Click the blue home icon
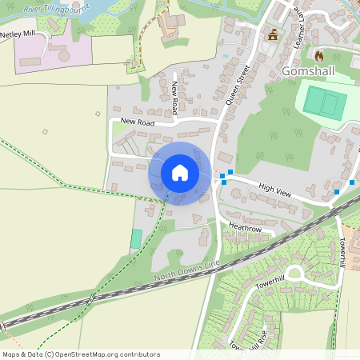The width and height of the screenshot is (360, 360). [180, 173]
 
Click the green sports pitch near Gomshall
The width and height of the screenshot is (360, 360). [322, 102]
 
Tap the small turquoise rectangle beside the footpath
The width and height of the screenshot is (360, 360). [136, 238]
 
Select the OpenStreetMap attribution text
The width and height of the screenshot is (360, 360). [81, 354]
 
